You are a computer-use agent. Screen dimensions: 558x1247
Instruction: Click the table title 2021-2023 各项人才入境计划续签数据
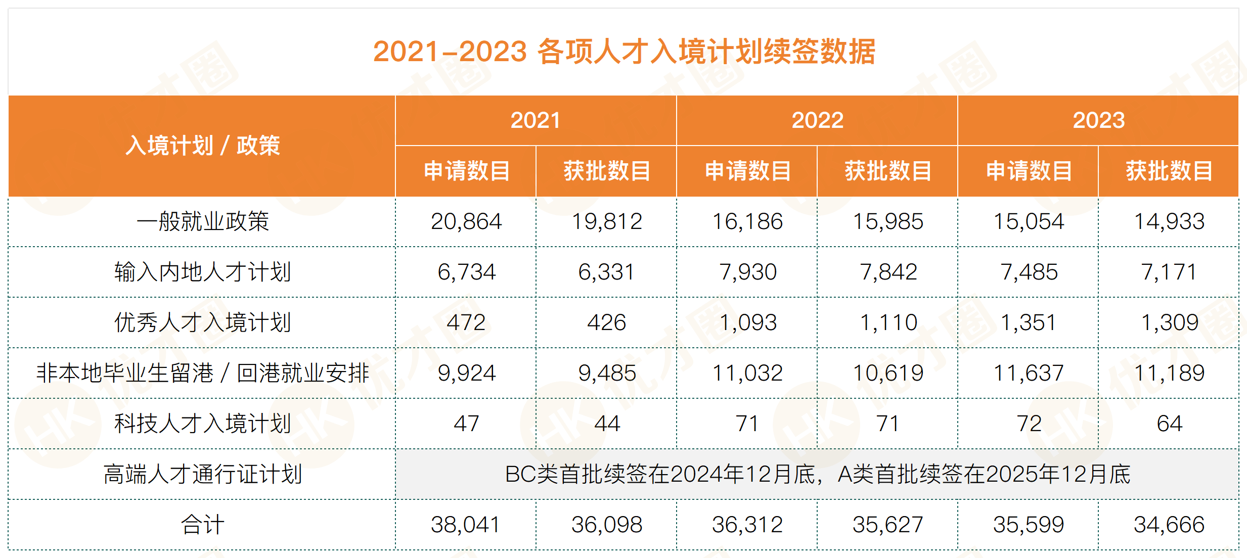623,52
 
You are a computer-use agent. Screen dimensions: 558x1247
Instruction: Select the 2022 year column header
817,120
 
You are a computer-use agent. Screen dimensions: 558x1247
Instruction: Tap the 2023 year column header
1098,120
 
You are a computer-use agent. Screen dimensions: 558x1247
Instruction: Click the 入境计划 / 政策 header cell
202,146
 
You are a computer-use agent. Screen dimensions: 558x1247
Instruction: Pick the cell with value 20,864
466,221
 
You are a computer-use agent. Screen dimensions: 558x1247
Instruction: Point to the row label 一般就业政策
202,221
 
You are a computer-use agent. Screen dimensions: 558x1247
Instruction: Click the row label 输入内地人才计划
202,272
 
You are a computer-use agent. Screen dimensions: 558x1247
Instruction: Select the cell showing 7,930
747,272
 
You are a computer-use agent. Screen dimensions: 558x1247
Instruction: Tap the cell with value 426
606,322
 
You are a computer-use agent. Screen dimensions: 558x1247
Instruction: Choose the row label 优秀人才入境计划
202,322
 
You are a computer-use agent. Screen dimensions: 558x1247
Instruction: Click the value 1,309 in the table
1169,322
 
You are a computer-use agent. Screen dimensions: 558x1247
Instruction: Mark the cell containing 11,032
747,373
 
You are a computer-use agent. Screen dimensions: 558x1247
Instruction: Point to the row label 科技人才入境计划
202,424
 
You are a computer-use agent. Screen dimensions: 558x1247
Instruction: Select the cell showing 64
1169,424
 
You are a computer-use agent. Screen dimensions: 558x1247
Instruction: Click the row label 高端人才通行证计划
202,474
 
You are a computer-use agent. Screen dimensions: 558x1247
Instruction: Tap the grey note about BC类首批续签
817,474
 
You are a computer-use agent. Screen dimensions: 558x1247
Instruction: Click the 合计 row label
202,525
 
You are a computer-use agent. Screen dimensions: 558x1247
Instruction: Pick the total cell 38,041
466,525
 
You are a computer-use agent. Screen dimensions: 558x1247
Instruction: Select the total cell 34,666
1169,525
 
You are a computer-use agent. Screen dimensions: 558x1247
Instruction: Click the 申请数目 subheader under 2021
466,171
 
